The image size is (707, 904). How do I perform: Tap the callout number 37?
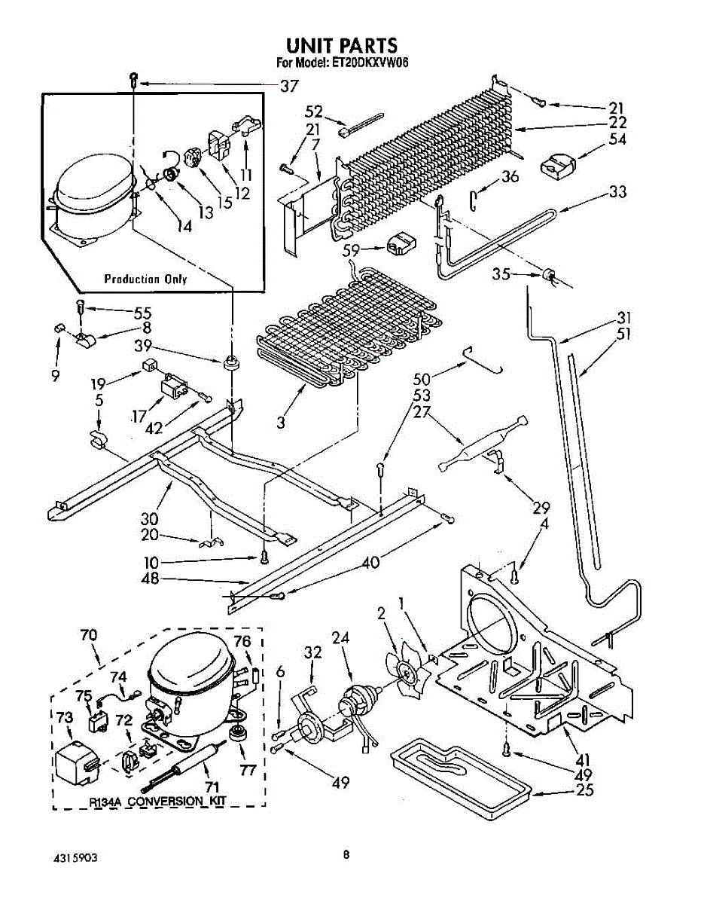tap(289, 87)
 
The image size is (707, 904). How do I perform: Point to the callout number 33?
tap(617, 191)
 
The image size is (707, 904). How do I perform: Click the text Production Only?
tap(145, 279)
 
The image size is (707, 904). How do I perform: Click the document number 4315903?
tap(75, 858)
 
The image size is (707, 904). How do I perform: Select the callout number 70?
tap(89, 634)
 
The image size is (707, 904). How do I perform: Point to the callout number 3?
tap(280, 423)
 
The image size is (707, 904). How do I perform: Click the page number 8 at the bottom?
tap(346, 855)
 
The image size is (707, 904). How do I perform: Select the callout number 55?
tap(142, 311)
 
